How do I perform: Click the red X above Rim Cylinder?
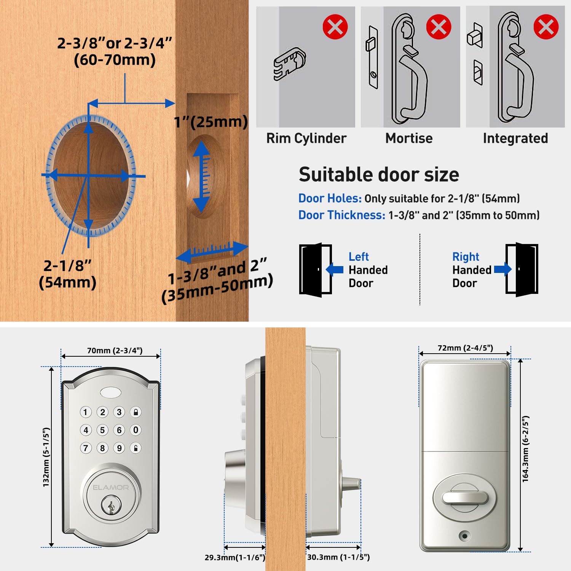click(335, 27)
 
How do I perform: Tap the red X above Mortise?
click(439, 27)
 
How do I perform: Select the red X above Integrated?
click(546, 27)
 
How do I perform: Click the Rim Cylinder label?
click(306, 138)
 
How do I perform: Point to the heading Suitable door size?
click(379, 175)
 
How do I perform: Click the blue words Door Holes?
click(330, 198)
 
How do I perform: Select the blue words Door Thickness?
click(341, 215)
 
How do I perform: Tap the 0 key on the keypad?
click(136, 430)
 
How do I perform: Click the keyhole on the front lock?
click(111, 506)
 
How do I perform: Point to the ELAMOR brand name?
click(111, 487)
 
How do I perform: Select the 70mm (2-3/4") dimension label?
click(115, 351)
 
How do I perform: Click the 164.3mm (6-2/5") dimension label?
click(526, 449)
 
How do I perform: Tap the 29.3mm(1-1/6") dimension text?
click(234, 558)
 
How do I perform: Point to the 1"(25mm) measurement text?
click(211, 122)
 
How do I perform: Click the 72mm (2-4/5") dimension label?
click(465, 348)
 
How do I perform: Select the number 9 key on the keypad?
click(119, 448)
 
